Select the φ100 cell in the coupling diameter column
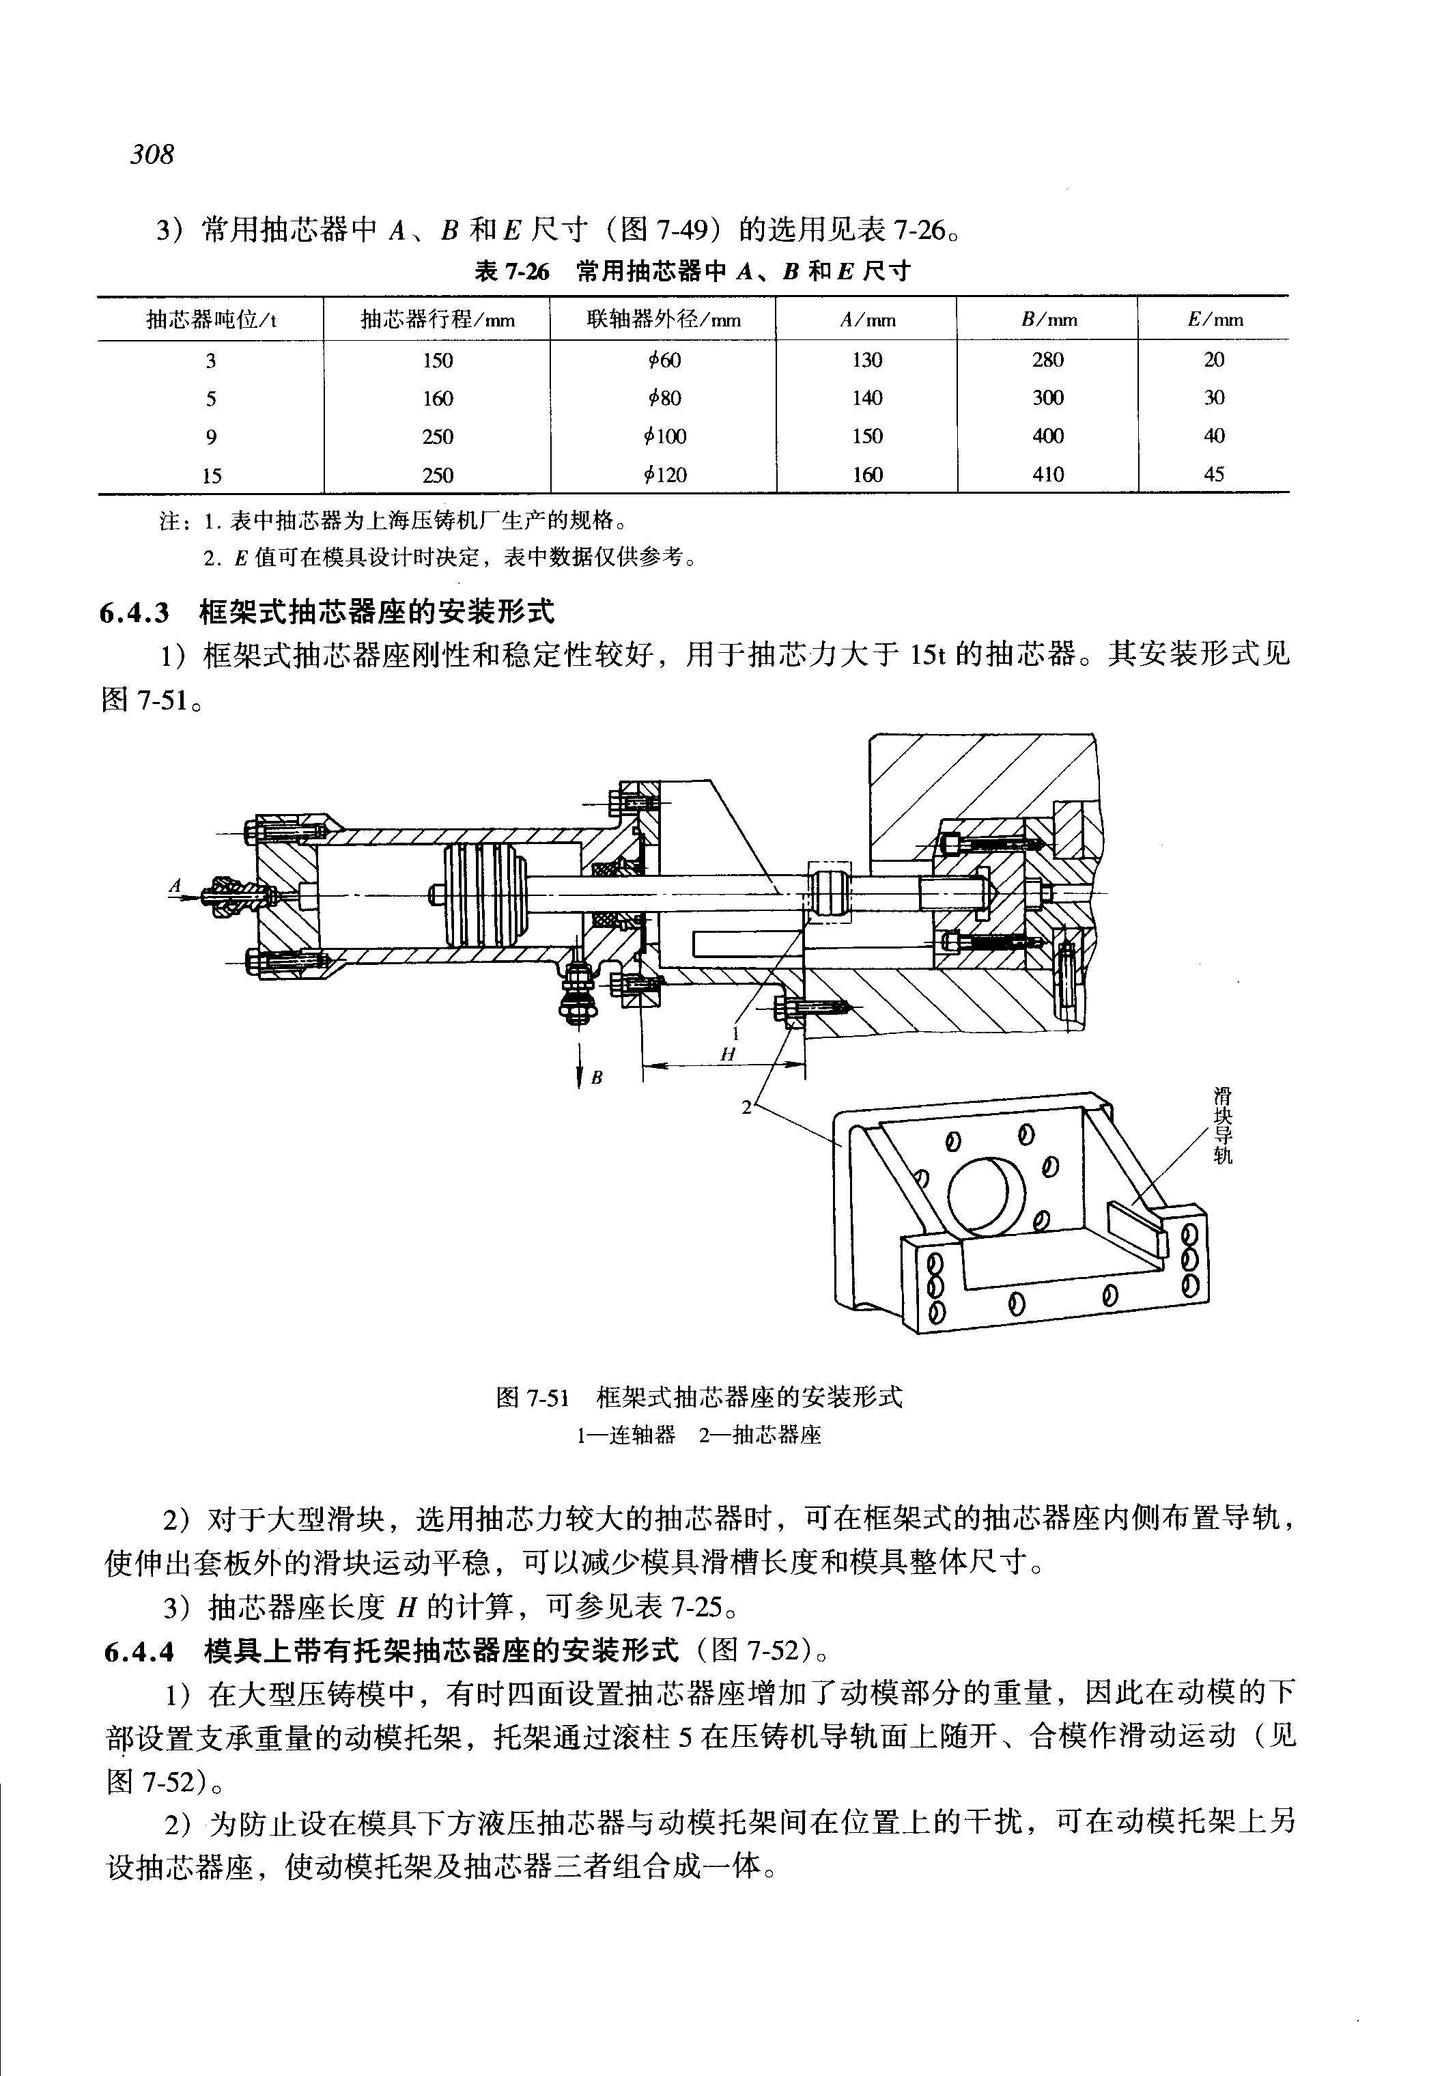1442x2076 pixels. coord(665,436)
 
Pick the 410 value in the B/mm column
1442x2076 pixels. coord(1047,475)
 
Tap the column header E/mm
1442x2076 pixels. coord(1215,319)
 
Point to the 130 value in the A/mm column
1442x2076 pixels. coord(866,360)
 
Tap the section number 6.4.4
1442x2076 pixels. coord(138,1651)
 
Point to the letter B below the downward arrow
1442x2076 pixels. coord(596,1078)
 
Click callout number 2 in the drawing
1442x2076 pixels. coord(746,1106)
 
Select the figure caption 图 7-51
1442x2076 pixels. coord(532,1398)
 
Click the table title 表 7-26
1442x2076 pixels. coord(511,271)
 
